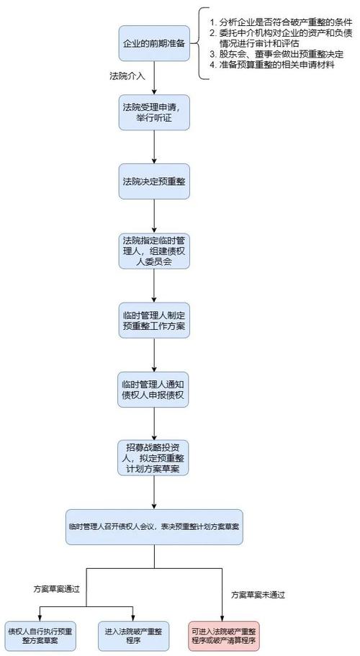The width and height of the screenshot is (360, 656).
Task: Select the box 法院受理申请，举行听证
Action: click(155, 112)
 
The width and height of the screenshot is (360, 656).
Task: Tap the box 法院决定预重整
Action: click(155, 181)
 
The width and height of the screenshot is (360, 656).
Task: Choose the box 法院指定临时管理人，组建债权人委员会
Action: click(155, 250)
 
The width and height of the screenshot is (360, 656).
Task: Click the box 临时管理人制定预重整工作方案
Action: click(155, 320)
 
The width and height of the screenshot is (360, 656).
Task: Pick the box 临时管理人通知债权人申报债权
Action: click(155, 390)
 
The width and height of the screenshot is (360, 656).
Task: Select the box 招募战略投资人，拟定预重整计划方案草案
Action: click(155, 458)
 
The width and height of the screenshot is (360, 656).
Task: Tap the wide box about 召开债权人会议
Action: click(155, 526)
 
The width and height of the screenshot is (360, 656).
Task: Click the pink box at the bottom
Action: click(224, 636)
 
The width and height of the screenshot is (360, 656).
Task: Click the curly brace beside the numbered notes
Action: click(199, 43)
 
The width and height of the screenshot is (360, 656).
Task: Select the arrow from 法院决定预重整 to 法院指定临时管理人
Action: click(155, 215)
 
